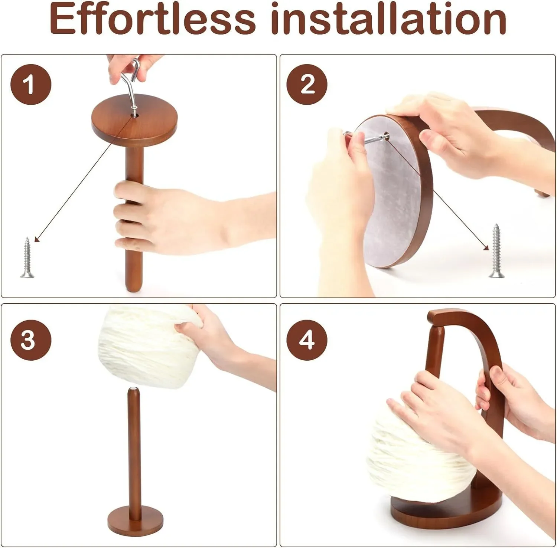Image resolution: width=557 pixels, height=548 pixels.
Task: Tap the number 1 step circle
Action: tap(30, 84)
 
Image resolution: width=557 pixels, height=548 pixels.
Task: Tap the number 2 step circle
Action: tap(307, 84)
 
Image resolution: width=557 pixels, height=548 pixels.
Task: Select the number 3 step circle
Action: tap(30, 340)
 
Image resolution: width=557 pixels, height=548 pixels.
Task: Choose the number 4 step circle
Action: tap(307, 340)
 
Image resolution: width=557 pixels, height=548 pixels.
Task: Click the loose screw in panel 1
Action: tap(27, 257)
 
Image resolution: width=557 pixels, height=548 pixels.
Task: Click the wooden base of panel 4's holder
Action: tap(446, 516)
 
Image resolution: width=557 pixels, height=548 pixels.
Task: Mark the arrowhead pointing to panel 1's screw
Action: tap(36, 239)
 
